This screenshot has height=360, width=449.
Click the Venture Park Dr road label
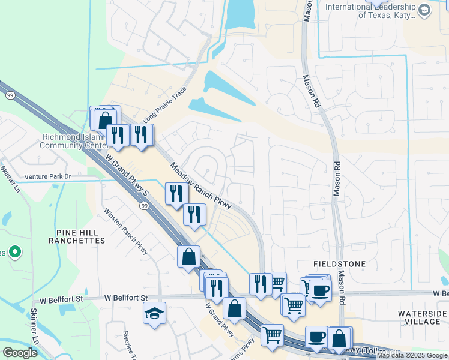click(x=48, y=177)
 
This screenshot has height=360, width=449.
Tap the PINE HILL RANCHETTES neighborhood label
click(x=80, y=236)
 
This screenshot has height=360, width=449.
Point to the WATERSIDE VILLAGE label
click(x=423, y=317)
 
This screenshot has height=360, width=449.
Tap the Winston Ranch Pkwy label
click(x=125, y=231)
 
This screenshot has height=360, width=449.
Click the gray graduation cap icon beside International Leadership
click(x=424, y=10)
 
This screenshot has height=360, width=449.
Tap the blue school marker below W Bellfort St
click(x=155, y=313)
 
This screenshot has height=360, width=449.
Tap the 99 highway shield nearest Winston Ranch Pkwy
click(x=145, y=206)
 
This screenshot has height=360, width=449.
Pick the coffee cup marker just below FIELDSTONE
click(x=319, y=290)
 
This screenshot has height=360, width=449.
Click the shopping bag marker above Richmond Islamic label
click(x=105, y=119)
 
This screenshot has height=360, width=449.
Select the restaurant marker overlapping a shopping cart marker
click(x=261, y=283)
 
